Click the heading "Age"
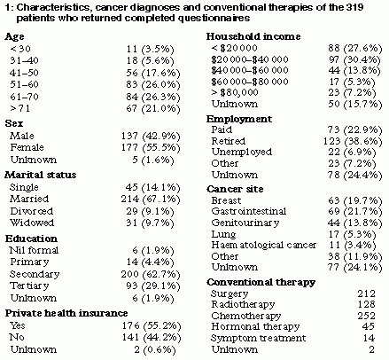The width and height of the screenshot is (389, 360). pyautogui.click(x=14, y=37)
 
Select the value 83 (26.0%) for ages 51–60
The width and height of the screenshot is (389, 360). pyautogui.click(x=153, y=85)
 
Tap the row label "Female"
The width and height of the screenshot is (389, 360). pyautogui.click(x=27, y=147)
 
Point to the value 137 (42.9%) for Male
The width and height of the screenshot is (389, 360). pyautogui.click(x=151, y=136)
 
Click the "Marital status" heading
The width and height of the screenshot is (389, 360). pyautogui.click(x=41, y=175)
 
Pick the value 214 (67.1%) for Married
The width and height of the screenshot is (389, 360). pyautogui.click(x=151, y=200)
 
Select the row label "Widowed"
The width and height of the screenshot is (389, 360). pyautogui.click(x=32, y=223)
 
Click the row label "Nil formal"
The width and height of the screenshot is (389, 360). pyautogui.click(x=34, y=250)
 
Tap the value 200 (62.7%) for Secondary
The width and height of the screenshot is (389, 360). pyautogui.click(x=151, y=275)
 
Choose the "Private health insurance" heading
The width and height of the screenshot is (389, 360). pyautogui.click(x=66, y=313)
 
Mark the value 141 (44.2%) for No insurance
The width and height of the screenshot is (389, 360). pyautogui.click(x=152, y=337)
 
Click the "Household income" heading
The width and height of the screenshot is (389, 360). pyautogui.click(x=253, y=36)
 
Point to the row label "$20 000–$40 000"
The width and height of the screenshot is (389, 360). pyautogui.click(x=250, y=59)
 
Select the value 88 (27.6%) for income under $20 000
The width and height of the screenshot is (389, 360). pyautogui.click(x=355, y=48)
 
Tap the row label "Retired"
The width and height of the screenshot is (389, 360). pyautogui.click(x=229, y=141)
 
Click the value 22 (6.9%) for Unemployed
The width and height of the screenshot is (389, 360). pyautogui.click(x=352, y=153)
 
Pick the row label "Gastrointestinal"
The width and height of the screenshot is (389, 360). pyautogui.click(x=249, y=211)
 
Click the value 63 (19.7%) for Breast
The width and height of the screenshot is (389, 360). pyautogui.click(x=355, y=201)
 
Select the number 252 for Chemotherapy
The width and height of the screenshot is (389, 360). pyautogui.click(x=367, y=316)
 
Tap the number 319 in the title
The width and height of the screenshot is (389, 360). pyautogui.click(x=354, y=7)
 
